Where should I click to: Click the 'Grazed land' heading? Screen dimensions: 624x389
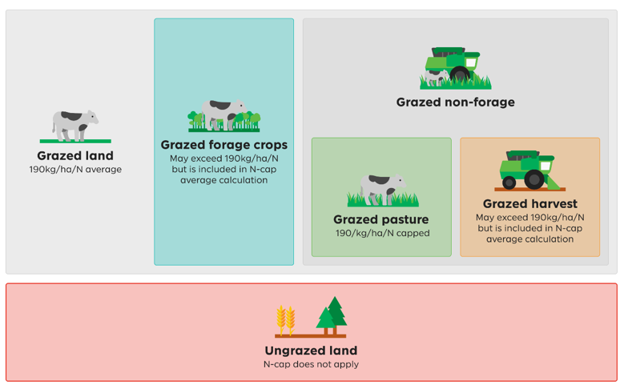[x=75, y=155]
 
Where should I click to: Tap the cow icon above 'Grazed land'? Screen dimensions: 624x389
[x=74, y=126]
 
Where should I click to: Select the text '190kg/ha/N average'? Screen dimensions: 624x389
[x=75, y=170]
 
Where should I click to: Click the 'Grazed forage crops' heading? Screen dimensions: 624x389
[x=224, y=145]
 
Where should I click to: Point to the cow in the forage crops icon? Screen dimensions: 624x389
[x=223, y=114]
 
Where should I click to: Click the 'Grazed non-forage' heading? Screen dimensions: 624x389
[x=455, y=102]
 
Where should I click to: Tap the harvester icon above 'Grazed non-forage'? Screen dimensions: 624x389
[x=456, y=67]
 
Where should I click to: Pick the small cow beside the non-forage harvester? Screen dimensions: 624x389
[x=437, y=77]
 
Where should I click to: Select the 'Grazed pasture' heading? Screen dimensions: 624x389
[x=381, y=219]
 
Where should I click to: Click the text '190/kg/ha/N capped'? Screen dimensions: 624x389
[x=382, y=233]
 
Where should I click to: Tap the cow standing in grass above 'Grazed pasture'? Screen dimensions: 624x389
[x=382, y=190]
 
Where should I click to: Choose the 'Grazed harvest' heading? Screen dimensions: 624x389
[x=529, y=203]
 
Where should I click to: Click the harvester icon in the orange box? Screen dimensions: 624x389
[x=530, y=170]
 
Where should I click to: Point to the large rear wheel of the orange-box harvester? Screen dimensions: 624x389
[x=534, y=180]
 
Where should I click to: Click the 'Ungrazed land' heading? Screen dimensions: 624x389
[x=312, y=351]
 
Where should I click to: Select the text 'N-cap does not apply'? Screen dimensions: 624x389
[x=312, y=364]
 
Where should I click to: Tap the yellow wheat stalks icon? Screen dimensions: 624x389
[x=286, y=320]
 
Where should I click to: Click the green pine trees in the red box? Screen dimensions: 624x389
[x=332, y=315]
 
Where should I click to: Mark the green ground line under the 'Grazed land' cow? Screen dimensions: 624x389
[x=75, y=141]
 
